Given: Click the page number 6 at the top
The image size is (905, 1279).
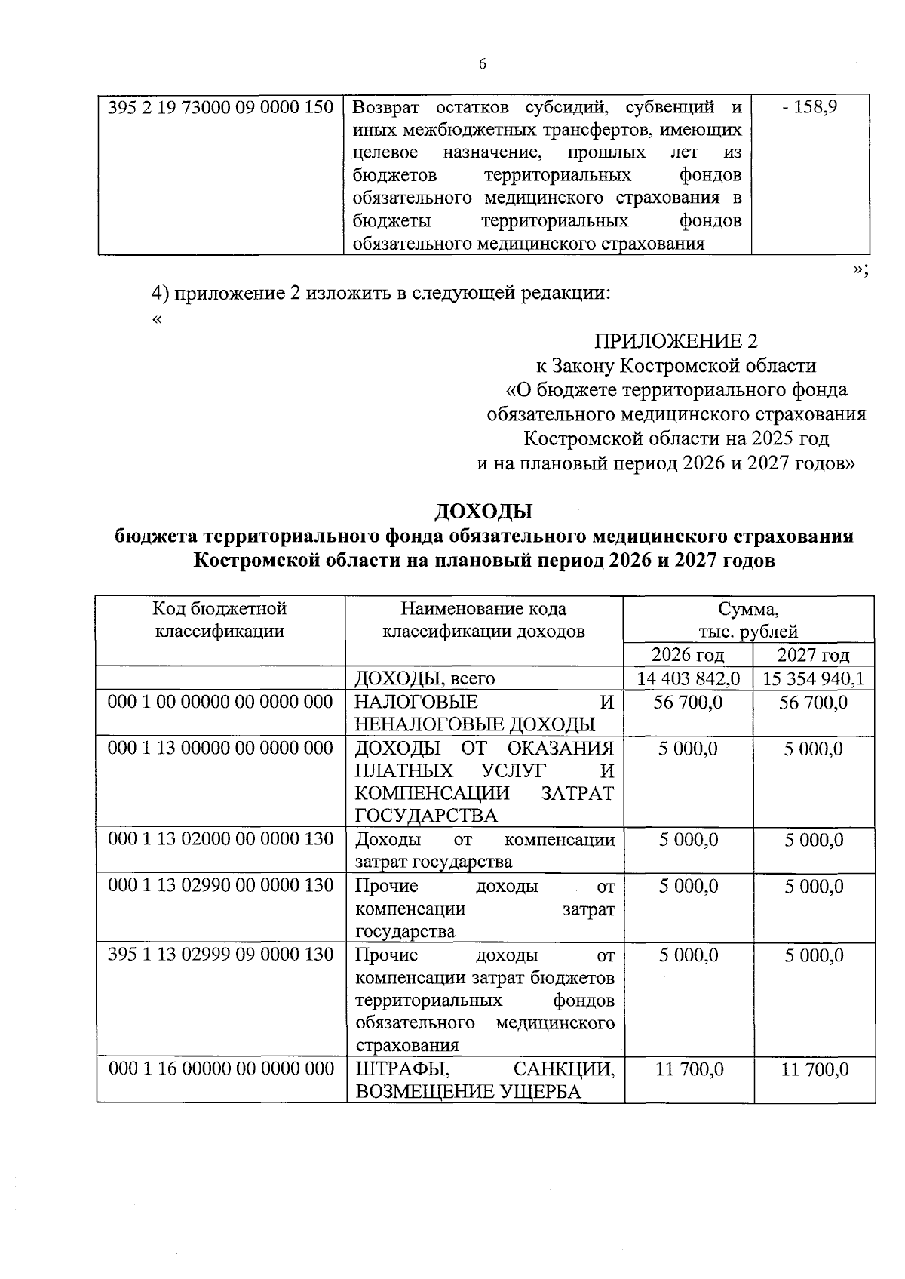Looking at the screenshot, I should click(483, 64).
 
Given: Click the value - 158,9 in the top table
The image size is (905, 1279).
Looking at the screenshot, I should click(809, 107).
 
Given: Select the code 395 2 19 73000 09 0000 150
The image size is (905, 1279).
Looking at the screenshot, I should click(220, 107).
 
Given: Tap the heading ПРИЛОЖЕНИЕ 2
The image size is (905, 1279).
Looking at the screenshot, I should click(676, 341).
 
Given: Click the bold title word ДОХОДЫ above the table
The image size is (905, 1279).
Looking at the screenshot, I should click(483, 511).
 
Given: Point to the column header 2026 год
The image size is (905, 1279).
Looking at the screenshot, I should click(688, 654).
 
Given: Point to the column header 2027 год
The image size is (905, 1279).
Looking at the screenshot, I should click(813, 654).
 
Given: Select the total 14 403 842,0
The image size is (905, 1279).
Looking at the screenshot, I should click(688, 678).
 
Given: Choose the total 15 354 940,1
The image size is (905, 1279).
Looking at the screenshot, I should click(813, 678).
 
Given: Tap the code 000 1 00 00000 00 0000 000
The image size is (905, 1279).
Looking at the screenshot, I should click(220, 702).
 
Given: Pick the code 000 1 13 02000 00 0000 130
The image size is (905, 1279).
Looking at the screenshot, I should click(220, 839).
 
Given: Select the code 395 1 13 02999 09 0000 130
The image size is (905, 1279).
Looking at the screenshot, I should click(220, 955).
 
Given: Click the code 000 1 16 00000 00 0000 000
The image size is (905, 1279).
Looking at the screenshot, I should click(221, 1068).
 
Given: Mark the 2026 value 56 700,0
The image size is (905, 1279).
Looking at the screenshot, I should click(688, 702).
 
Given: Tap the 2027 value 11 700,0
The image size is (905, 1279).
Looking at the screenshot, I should click(814, 1068).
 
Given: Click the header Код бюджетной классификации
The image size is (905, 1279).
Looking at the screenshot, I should click(219, 620).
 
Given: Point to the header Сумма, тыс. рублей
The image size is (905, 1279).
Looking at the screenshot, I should click(747, 620).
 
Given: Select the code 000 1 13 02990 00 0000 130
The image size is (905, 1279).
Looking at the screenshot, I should click(220, 885).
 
